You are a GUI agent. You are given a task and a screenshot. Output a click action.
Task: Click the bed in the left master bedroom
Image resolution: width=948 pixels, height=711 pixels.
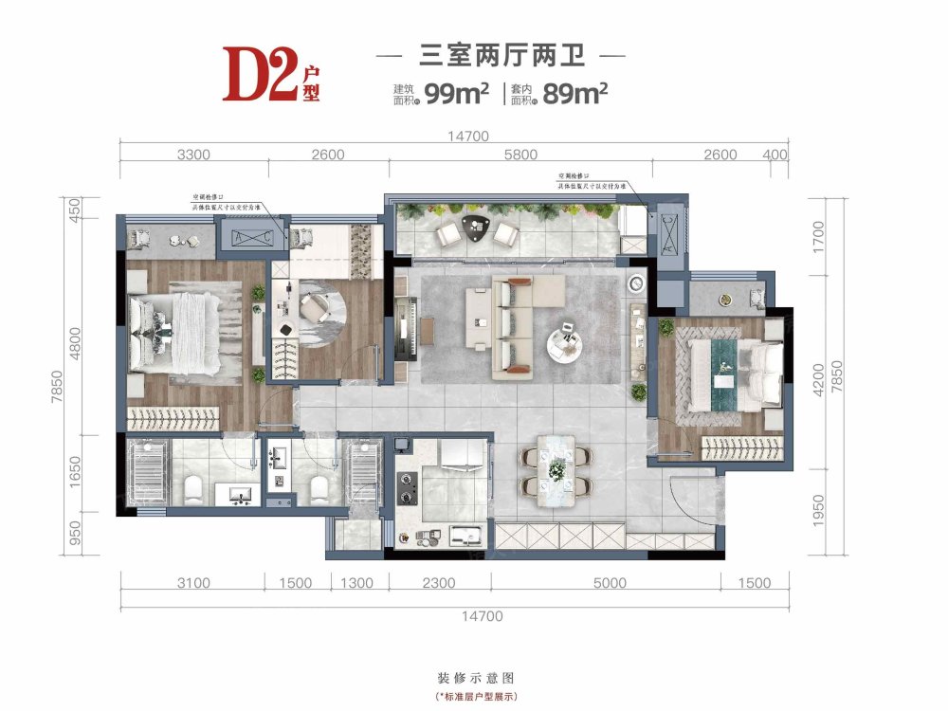(180, 331)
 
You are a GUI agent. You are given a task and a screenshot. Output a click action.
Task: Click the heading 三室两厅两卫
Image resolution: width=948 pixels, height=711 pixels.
(501, 57)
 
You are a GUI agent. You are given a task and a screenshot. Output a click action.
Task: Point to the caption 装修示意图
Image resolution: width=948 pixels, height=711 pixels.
(475, 679)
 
